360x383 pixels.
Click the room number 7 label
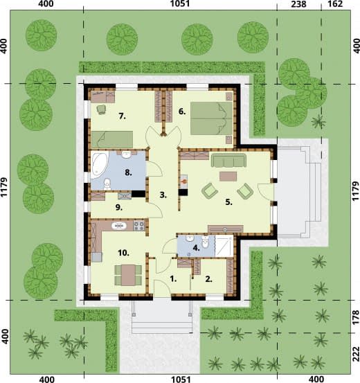[123, 116]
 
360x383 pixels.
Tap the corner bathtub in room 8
[99, 163]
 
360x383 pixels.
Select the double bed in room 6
[211, 118]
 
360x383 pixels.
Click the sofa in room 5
[228, 160]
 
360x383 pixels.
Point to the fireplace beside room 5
[183, 185]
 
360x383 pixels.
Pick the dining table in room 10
[128, 275]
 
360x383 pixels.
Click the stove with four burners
[138, 226]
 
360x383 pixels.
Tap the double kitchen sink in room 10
[119, 226]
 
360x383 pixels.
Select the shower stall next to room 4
[224, 246]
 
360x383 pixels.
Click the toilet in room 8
[107, 184]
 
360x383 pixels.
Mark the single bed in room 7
[112, 140]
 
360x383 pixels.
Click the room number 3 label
[163, 195]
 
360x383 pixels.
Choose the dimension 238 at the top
[299, 4]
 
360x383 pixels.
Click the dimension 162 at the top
[335, 3]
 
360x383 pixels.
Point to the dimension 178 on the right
[357, 317]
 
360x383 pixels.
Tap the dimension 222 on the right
[357, 354]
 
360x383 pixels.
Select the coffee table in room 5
[228, 177]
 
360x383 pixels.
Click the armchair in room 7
[101, 109]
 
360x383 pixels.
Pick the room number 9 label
[118, 208]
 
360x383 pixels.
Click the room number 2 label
[208, 279]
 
